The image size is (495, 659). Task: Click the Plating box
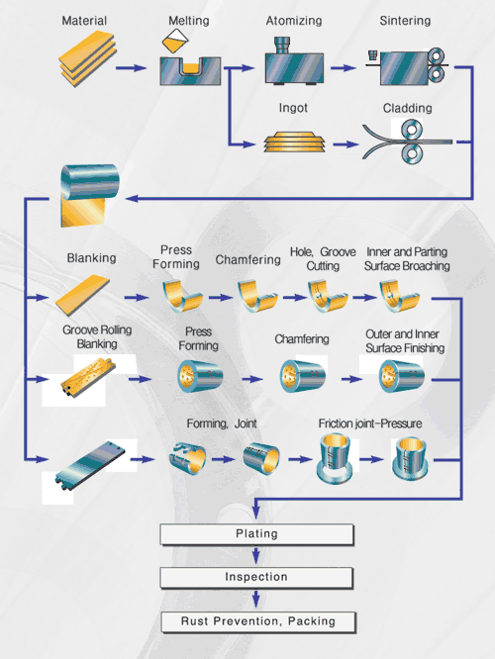257,534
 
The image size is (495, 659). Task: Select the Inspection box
256,578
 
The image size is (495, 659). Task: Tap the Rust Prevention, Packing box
258,622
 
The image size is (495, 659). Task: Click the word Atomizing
294,21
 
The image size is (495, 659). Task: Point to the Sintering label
405,21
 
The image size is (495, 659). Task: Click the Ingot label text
293,108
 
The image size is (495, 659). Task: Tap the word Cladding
407,108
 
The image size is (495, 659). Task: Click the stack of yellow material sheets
87,58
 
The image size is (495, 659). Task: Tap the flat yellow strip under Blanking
82,295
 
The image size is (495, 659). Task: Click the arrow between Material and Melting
131,67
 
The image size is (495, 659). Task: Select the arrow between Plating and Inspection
256,556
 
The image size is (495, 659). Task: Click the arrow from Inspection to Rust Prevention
256,600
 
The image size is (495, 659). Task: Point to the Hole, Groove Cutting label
323,259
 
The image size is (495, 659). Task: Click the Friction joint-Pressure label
370,424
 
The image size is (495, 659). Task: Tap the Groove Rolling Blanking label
97,336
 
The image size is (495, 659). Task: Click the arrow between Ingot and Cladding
346,144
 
